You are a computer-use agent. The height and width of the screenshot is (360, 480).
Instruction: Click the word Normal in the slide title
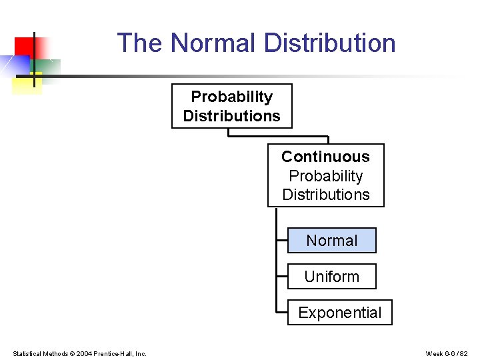pos(213,43)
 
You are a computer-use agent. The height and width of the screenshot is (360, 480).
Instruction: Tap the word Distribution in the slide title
pos(329,43)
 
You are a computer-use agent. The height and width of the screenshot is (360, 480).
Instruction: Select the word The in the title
pos(140,43)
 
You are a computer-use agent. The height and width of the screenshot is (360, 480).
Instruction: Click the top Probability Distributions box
pos(231,106)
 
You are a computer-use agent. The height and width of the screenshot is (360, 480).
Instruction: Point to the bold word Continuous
pos(325,157)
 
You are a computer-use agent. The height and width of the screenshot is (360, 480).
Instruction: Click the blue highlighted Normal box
pos(331,241)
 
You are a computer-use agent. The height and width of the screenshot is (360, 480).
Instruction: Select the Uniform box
pos(331,277)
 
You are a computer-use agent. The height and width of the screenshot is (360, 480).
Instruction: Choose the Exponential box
pos(339,313)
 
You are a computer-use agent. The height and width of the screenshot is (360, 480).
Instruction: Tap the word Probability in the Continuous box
pos(325,176)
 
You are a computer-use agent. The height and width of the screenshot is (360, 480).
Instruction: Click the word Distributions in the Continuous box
pos(325,195)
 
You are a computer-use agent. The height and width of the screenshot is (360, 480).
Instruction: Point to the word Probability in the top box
pos(231,97)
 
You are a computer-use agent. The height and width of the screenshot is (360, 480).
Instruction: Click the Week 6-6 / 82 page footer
pos(447,353)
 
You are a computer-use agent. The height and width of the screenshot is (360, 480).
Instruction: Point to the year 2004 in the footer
pos(84,353)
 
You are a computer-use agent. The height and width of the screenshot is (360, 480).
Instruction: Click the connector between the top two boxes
pos(278,136)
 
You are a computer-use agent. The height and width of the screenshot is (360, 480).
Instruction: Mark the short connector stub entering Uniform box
pos(281,277)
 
